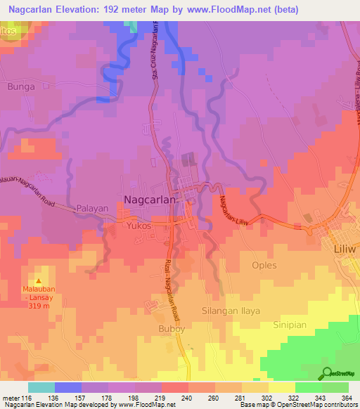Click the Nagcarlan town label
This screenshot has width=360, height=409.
tap(153, 200)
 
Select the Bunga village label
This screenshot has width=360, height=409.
tap(20, 86)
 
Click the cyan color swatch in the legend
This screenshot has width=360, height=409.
tap(41, 387)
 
